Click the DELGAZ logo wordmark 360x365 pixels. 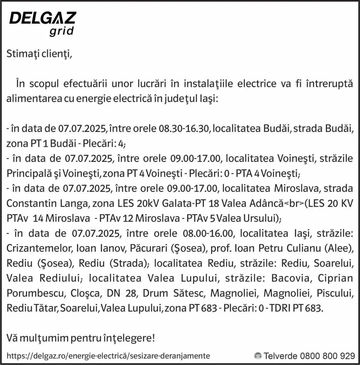click(42, 18)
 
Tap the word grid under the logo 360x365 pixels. click(61, 31)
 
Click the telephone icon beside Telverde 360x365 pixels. click(257, 355)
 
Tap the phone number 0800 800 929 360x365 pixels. click(328, 355)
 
